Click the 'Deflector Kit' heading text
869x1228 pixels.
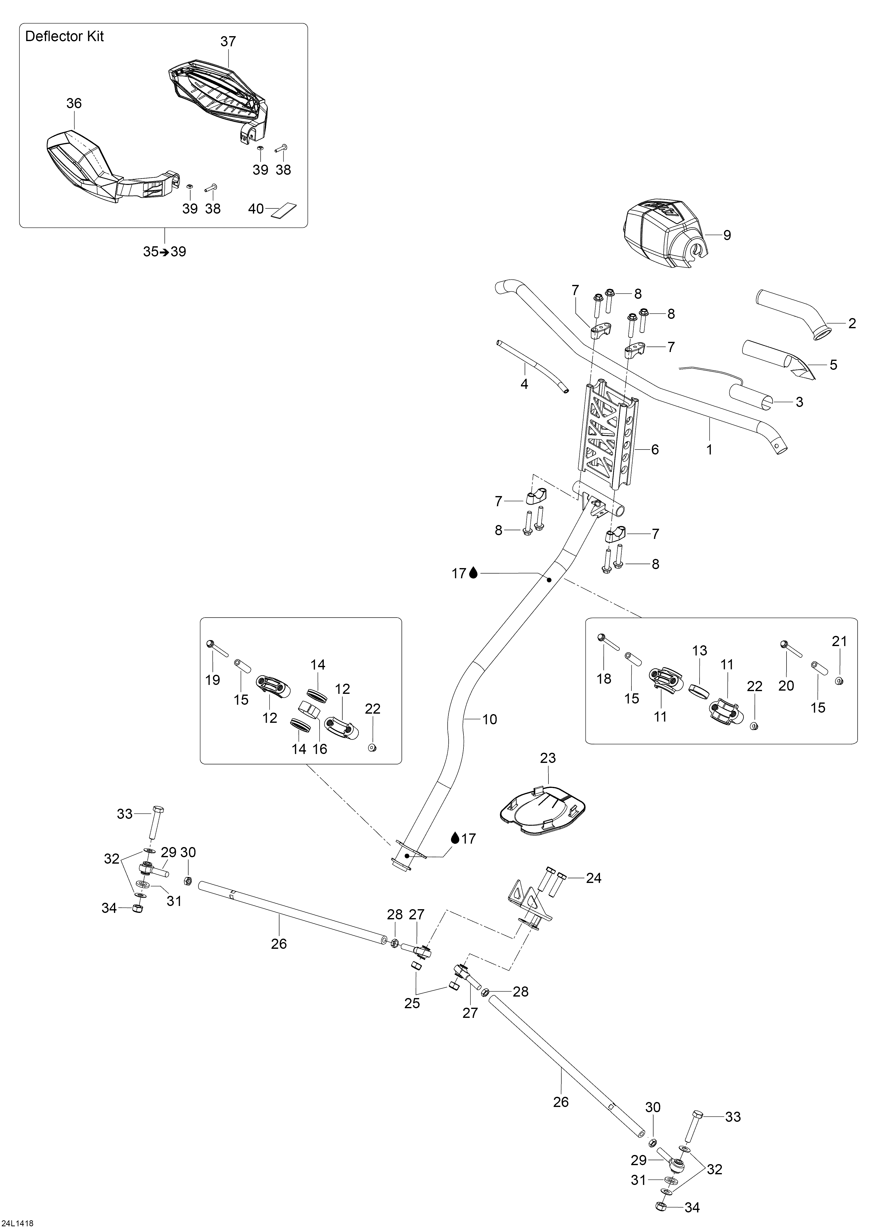[x=64, y=36]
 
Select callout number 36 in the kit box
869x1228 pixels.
[x=74, y=103]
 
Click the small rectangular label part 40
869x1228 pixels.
[x=284, y=210]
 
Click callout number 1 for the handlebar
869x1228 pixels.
[x=709, y=450]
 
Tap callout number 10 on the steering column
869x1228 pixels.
[x=489, y=719]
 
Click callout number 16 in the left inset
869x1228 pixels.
[x=320, y=749]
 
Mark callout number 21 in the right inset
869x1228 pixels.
[x=840, y=641]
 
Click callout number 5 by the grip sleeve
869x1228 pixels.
[x=833, y=365]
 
